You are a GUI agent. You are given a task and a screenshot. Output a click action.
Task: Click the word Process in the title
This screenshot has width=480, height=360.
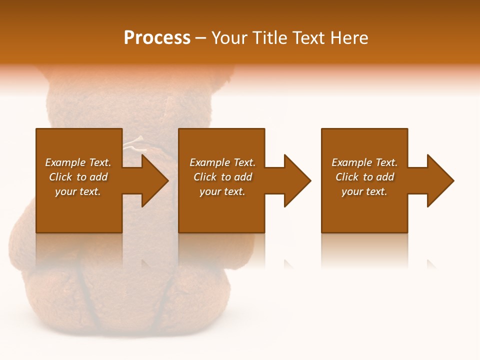pyautogui.click(x=157, y=38)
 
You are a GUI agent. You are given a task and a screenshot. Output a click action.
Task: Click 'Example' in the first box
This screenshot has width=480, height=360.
pyautogui.click(x=65, y=162)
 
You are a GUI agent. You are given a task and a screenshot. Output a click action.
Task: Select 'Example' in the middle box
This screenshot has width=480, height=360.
pyautogui.click(x=209, y=162)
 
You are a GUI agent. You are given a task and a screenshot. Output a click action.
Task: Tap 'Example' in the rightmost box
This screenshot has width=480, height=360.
pyautogui.click(x=351, y=162)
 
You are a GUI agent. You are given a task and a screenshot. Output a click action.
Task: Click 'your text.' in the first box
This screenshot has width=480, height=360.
pyautogui.click(x=78, y=191)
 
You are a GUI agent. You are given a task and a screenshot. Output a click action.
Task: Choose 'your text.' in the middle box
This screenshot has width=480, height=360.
pyautogui.click(x=222, y=191)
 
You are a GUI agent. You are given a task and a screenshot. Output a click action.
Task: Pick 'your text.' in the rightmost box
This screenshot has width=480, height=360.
pyautogui.click(x=364, y=191)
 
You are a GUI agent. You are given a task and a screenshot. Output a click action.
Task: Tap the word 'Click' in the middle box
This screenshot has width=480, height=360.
pyautogui.click(x=205, y=177)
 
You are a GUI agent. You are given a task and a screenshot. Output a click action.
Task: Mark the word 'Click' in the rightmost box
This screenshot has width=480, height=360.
pyautogui.click(x=347, y=177)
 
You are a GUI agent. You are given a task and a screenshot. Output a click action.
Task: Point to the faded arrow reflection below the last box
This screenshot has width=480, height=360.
pyautogui.click(x=431, y=263)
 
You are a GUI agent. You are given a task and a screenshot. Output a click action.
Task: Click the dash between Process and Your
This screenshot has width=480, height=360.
pyautogui.click(x=200, y=38)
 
